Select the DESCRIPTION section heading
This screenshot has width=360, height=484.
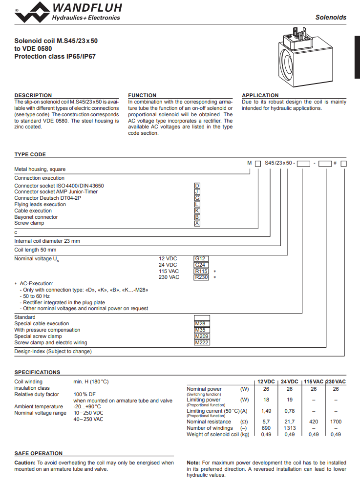pyautogui.click(x=33, y=95)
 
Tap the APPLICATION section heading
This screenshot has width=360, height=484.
pyautogui.click(x=260, y=95)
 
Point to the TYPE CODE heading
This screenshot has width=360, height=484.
pyautogui.click(x=30, y=154)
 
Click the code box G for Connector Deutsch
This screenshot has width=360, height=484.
pyautogui.click(x=197, y=198)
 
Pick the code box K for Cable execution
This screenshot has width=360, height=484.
pyautogui.click(x=197, y=210)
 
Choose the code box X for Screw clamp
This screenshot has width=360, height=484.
pyautogui.click(x=197, y=223)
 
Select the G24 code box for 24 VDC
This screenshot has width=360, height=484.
pyautogui.click(x=201, y=265)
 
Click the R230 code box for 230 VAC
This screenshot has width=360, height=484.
pyautogui.click(x=201, y=277)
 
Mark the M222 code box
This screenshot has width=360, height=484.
pyautogui.click(x=202, y=342)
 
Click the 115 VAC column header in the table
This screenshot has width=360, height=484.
pyautogui.click(x=314, y=381)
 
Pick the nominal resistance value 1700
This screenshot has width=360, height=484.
pyautogui.click(x=336, y=421)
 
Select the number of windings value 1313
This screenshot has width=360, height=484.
pyautogui.click(x=290, y=428)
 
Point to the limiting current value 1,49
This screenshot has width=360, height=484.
pyautogui.click(x=266, y=411)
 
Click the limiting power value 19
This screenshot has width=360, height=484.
pyautogui.click(x=290, y=400)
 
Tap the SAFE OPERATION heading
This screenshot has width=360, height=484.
pyautogui.click(x=38, y=453)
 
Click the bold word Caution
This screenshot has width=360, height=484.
pyautogui.click(x=24, y=463)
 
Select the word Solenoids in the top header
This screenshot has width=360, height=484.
pyautogui.click(x=331, y=17)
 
